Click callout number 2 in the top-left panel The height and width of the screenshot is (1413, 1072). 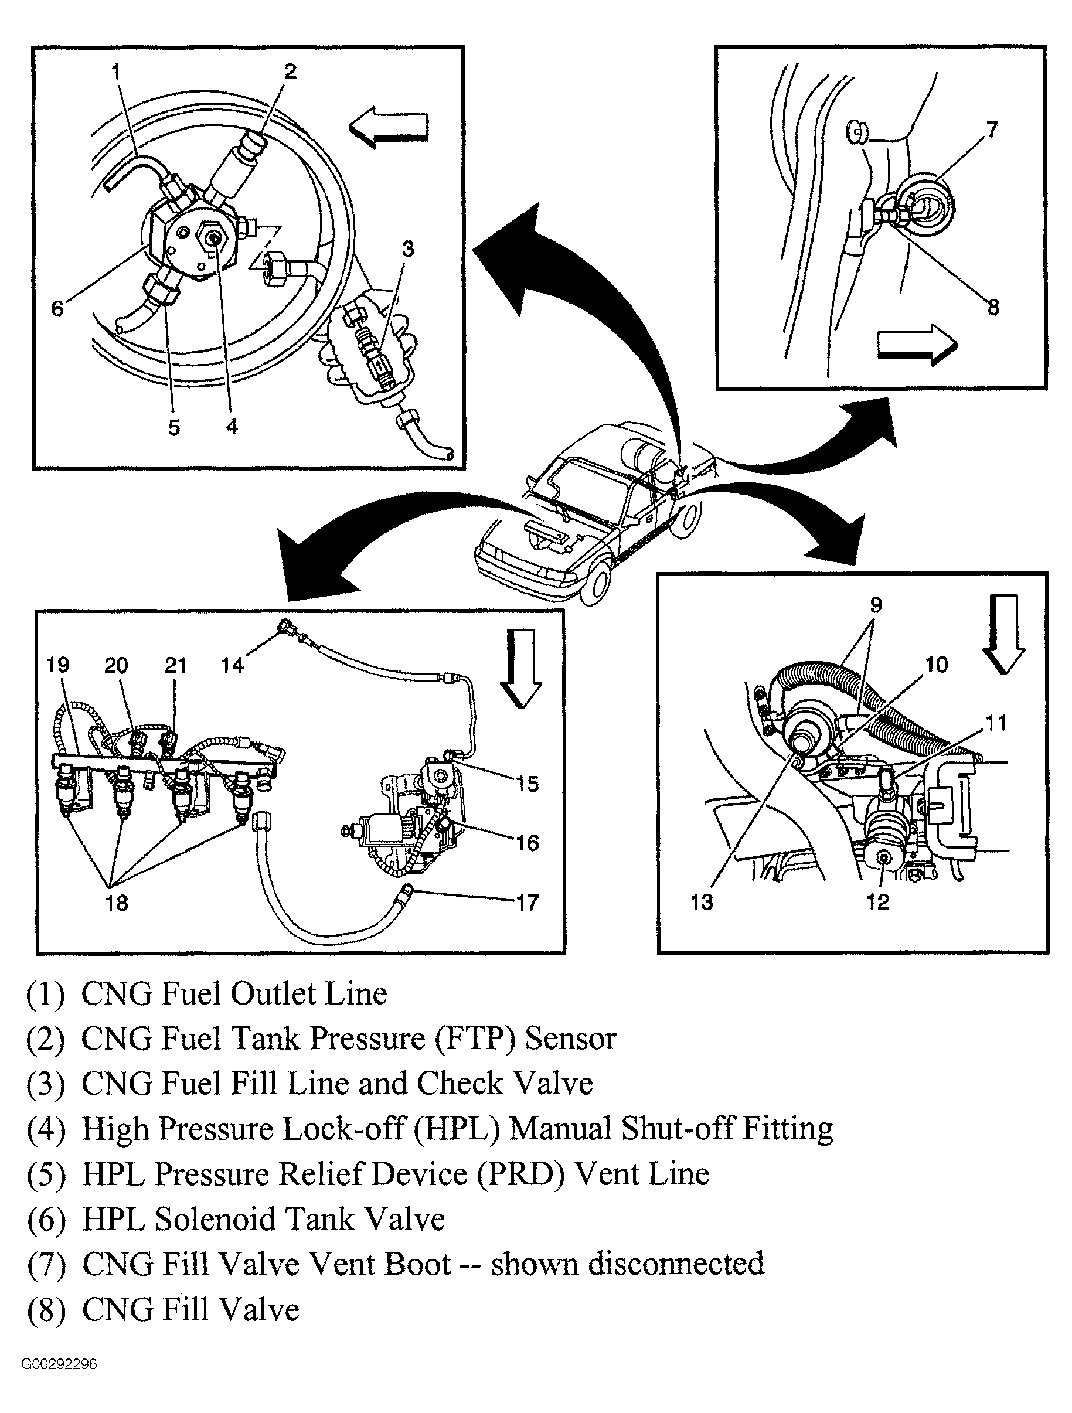290,71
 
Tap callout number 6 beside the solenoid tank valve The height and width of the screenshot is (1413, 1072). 57,309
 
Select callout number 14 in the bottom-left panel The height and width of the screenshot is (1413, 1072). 232,666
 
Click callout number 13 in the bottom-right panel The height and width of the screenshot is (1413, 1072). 702,902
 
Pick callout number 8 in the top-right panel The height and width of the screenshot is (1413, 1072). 993,308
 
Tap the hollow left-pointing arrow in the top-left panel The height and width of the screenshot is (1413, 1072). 389,128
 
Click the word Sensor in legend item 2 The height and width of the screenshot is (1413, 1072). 570,1039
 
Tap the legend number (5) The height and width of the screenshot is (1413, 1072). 46,1174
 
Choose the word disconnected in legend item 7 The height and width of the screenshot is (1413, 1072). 676,1264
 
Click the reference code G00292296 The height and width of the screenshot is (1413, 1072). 59,1364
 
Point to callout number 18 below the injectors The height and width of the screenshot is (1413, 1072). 116,903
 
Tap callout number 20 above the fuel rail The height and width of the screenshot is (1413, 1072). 115,666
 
